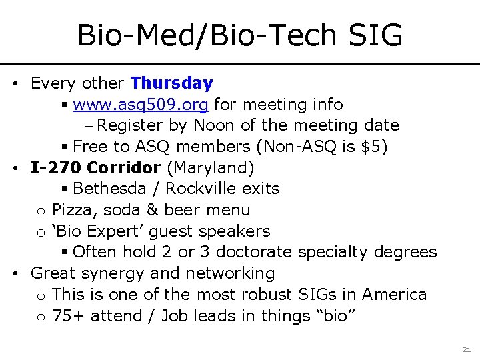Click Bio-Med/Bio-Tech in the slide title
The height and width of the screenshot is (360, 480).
[203, 35]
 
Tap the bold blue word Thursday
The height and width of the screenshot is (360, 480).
[172, 83]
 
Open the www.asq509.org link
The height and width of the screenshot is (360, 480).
[141, 105]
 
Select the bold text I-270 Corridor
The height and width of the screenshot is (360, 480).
[95, 167]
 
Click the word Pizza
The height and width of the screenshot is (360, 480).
[72, 210]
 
